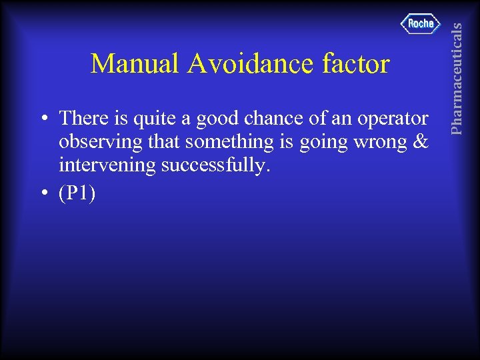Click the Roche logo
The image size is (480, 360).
(421, 24)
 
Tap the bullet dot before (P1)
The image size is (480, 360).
(43, 193)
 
